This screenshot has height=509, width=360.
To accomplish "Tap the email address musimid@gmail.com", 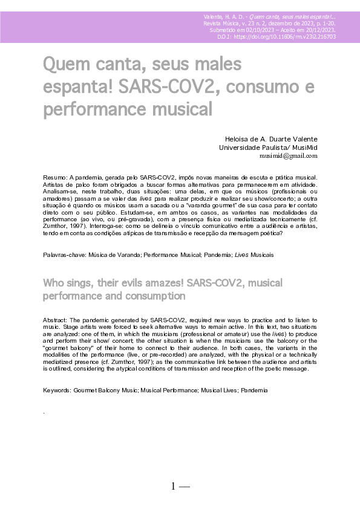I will point(288,155).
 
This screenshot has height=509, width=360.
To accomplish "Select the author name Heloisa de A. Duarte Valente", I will point(270,139).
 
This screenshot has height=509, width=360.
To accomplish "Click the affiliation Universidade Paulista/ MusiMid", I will point(267,147).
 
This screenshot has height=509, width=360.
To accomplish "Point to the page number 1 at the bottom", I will point(174,485).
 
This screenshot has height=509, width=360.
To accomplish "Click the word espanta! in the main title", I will point(77,86).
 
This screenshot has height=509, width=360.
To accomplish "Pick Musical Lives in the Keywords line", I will point(218,391).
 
